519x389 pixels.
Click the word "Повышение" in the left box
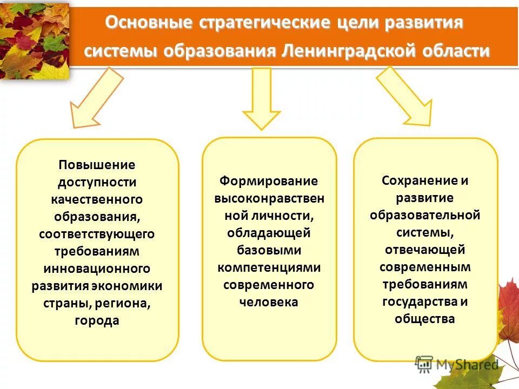pyautogui.click(x=97, y=164)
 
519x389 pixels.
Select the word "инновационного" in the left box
pyautogui.click(x=97, y=269)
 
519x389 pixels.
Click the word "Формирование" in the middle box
pyautogui.click(x=269, y=180)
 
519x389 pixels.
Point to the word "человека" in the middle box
pyautogui.click(x=269, y=302)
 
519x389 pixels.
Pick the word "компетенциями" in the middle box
pyautogui.click(x=269, y=267)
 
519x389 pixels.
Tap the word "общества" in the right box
pyautogui.click(x=425, y=319)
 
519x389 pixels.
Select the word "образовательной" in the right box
pyautogui.click(x=425, y=215)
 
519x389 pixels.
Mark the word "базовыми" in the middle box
pyautogui.click(x=269, y=250)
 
